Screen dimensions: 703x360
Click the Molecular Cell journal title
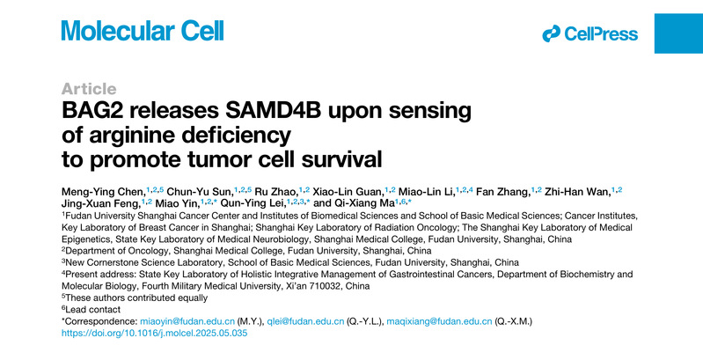(x=143, y=31)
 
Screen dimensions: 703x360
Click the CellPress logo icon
(x=551, y=33)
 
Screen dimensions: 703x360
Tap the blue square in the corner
(x=678, y=33)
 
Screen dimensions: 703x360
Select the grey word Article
(x=89, y=89)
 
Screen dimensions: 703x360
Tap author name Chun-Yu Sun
(x=200, y=193)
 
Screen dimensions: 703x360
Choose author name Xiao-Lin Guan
(x=348, y=193)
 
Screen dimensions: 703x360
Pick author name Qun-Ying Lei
(x=253, y=203)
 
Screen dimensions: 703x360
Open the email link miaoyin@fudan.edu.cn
(x=187, y=321)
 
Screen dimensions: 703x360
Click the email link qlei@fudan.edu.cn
(x=305, y=321)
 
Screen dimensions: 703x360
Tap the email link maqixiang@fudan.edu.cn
(x=439, y=321)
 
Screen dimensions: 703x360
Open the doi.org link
(x=154, y=333)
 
